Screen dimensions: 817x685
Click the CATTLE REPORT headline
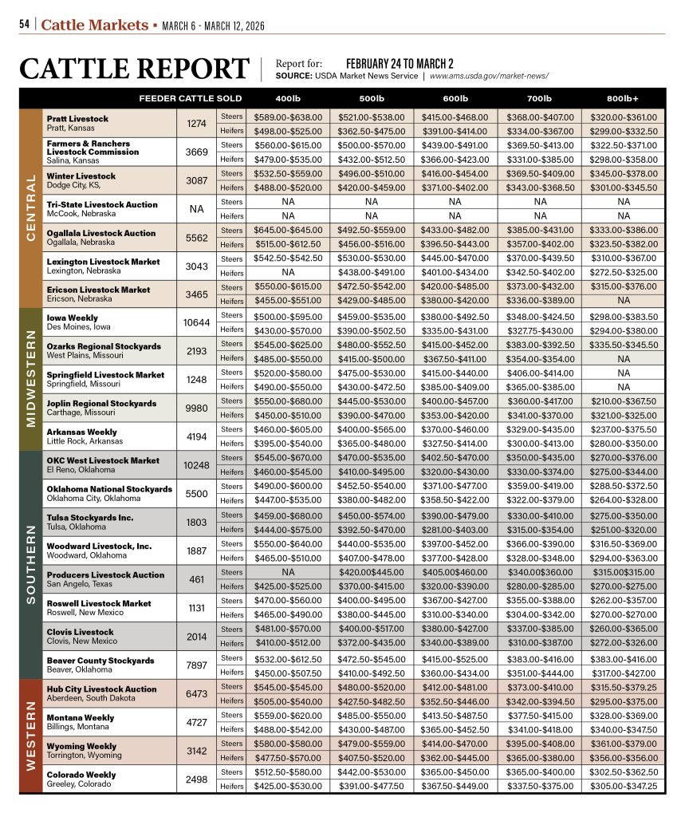click(x=134, y=69)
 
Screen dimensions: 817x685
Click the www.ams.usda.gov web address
click(x=489, y=77)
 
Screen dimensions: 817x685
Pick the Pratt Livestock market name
click(x=77, y=119)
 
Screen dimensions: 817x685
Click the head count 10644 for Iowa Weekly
click(x=196, y=322)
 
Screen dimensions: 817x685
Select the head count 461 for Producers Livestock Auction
click(x=196, y=579)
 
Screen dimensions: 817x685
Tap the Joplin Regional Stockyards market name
click(x=101, y=404)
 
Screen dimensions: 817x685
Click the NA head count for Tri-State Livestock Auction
click(x=196, y=209)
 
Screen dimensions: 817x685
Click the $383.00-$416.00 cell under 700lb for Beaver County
click(x=539, y=657)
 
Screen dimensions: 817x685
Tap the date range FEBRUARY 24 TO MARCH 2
click(x=400, y=63)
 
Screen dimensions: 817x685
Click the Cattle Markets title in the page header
click(x=94, y=25)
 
